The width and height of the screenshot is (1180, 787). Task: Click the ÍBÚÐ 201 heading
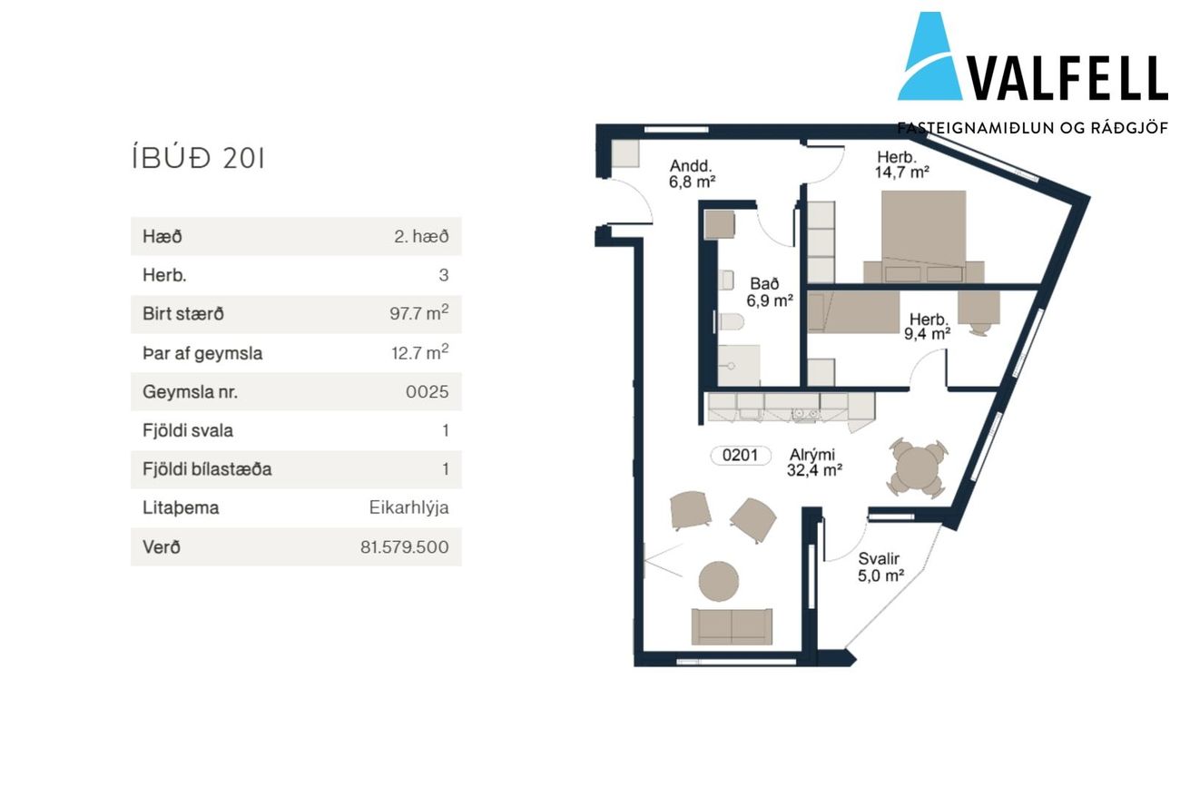tap(198, 159)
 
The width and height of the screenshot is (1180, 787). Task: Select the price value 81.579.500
tap(404, 547)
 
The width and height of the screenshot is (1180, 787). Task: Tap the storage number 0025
tap(427, 392)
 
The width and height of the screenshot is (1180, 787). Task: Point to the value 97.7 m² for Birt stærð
tap(418, 313)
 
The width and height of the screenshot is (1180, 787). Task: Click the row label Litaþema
tap(181, 508)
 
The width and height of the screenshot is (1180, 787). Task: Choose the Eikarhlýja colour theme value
tap(408, 507)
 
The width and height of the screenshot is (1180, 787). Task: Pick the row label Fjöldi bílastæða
tap(207, 469)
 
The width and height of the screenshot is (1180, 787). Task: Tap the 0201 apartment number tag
tap(740, 455)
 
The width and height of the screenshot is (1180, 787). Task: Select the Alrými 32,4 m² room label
tap(814, 463)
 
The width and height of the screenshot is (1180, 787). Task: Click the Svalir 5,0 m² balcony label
tap(880, 567)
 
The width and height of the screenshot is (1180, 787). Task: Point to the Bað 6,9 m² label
tap(769, 292)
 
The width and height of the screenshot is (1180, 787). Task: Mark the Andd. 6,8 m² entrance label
tap(692, 174)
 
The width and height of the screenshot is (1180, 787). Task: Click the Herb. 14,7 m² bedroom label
tap(901, 164)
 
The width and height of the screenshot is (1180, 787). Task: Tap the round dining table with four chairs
tap(918, 467)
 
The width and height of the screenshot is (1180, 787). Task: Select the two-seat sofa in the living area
tap(732, 627)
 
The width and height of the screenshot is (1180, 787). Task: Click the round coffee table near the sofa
tap(719, 581)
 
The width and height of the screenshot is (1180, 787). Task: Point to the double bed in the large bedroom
tap(923, 236)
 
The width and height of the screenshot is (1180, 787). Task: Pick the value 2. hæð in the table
tap(421, 237)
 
